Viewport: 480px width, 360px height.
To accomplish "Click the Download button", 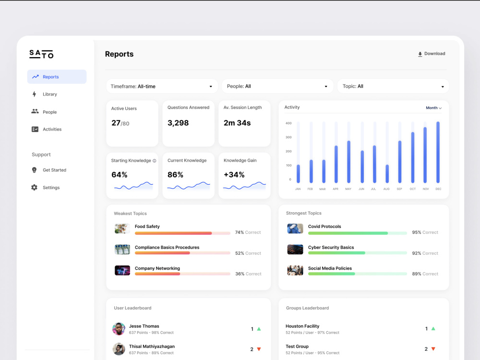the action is [x=432, y=54].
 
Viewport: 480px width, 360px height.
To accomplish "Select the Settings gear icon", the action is [x=34, y=187].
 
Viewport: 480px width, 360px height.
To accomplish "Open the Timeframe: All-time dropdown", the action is [x=162, y=86].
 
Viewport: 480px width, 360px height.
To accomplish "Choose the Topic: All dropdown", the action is [x=393, y=86].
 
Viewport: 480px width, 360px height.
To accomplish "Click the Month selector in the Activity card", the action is [x=433, y=108].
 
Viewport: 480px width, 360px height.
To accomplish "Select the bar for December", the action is [x=438, y=152].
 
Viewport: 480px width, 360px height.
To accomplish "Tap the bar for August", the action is [x=387, y=174].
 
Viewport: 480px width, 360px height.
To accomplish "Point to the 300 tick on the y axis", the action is [x=288, y=137].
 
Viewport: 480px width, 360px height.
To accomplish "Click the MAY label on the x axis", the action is [x=348, y=189].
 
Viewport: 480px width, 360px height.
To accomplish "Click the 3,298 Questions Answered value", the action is [x=178, y=123].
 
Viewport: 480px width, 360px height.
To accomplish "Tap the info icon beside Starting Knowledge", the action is [x=154, y=161].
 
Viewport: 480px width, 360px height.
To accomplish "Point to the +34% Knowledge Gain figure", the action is [x=234, y=175].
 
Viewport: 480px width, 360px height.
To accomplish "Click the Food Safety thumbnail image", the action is [x=122, y=228].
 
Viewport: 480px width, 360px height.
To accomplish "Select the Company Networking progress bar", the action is [x=182, y=274].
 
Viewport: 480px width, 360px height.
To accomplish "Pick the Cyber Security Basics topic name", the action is [x=331, y=247].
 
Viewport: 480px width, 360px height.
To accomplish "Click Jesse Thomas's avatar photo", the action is [x=119, y=329].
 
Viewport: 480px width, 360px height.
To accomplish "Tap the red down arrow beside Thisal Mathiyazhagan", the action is [x=259, y=349].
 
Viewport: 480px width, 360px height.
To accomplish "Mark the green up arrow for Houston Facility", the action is [x=433, y=328].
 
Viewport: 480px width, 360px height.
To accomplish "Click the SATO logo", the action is [x=41, y=54].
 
